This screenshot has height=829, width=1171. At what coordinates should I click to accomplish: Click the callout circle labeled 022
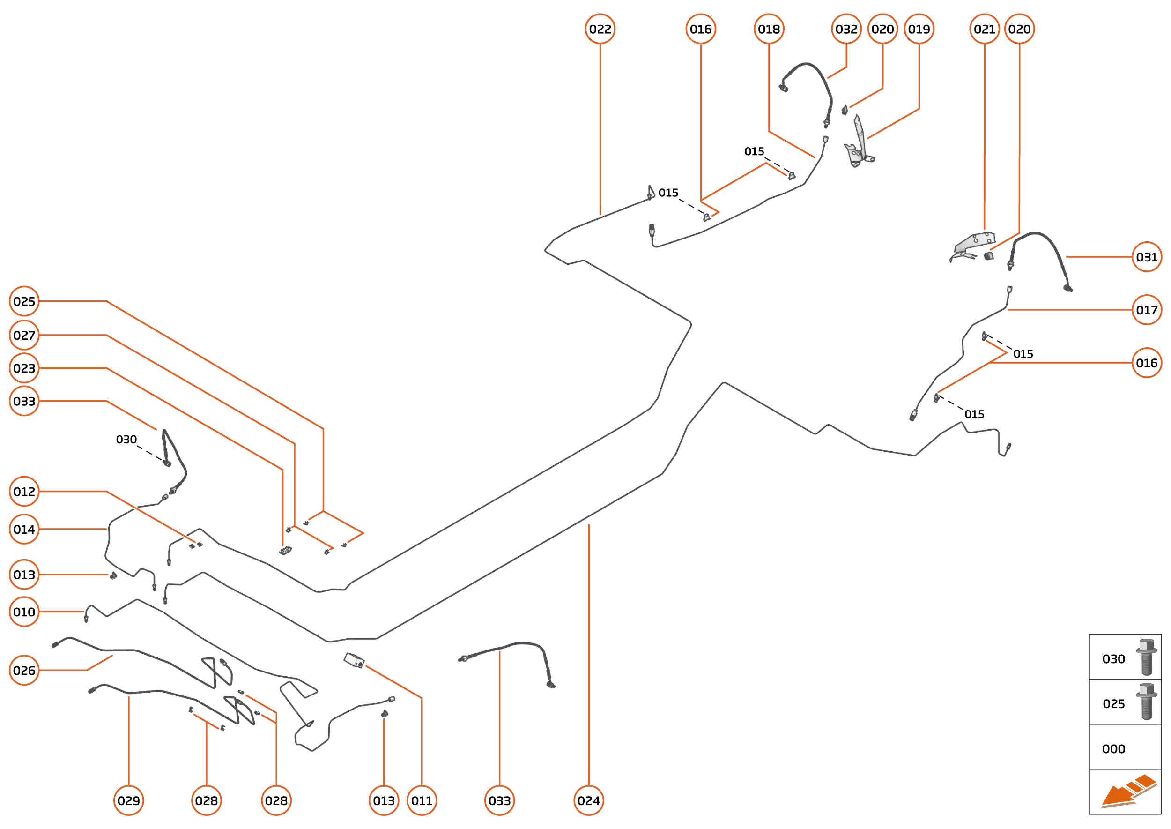coord(600,29)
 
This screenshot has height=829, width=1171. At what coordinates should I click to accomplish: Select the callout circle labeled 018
coord(769,29)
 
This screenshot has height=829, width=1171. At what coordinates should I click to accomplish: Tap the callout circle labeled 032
coord(846,29)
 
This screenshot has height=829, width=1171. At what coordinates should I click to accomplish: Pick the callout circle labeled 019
coord(919,29)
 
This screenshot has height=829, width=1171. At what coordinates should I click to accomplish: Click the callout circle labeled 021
coord(984,29)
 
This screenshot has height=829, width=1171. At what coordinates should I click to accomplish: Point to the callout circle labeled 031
coord(1146,257)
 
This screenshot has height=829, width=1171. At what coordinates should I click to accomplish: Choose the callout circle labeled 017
coord(1146,310)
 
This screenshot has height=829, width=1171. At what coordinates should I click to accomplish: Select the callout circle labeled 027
coord(24,336)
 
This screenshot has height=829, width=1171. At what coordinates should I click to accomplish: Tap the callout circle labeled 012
coord(24,492)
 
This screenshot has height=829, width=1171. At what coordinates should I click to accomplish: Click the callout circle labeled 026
coord(24,670)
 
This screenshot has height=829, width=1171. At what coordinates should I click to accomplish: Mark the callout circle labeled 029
coord(129,800)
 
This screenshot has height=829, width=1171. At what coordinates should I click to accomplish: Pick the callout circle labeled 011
coord(422,800)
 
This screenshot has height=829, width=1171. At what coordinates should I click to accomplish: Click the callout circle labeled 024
coord(588,800)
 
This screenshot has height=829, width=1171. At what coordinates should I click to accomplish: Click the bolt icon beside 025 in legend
coord(1146,702)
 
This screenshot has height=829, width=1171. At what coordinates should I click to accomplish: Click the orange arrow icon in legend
coord(1127,792)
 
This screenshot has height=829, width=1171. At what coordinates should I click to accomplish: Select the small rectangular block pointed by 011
coord(354,660)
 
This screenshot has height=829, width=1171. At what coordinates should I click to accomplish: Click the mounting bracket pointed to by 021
coord(973,245)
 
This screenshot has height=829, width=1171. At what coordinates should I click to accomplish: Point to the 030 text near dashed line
coord(126,440)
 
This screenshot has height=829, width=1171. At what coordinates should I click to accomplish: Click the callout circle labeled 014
coord(24,530)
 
